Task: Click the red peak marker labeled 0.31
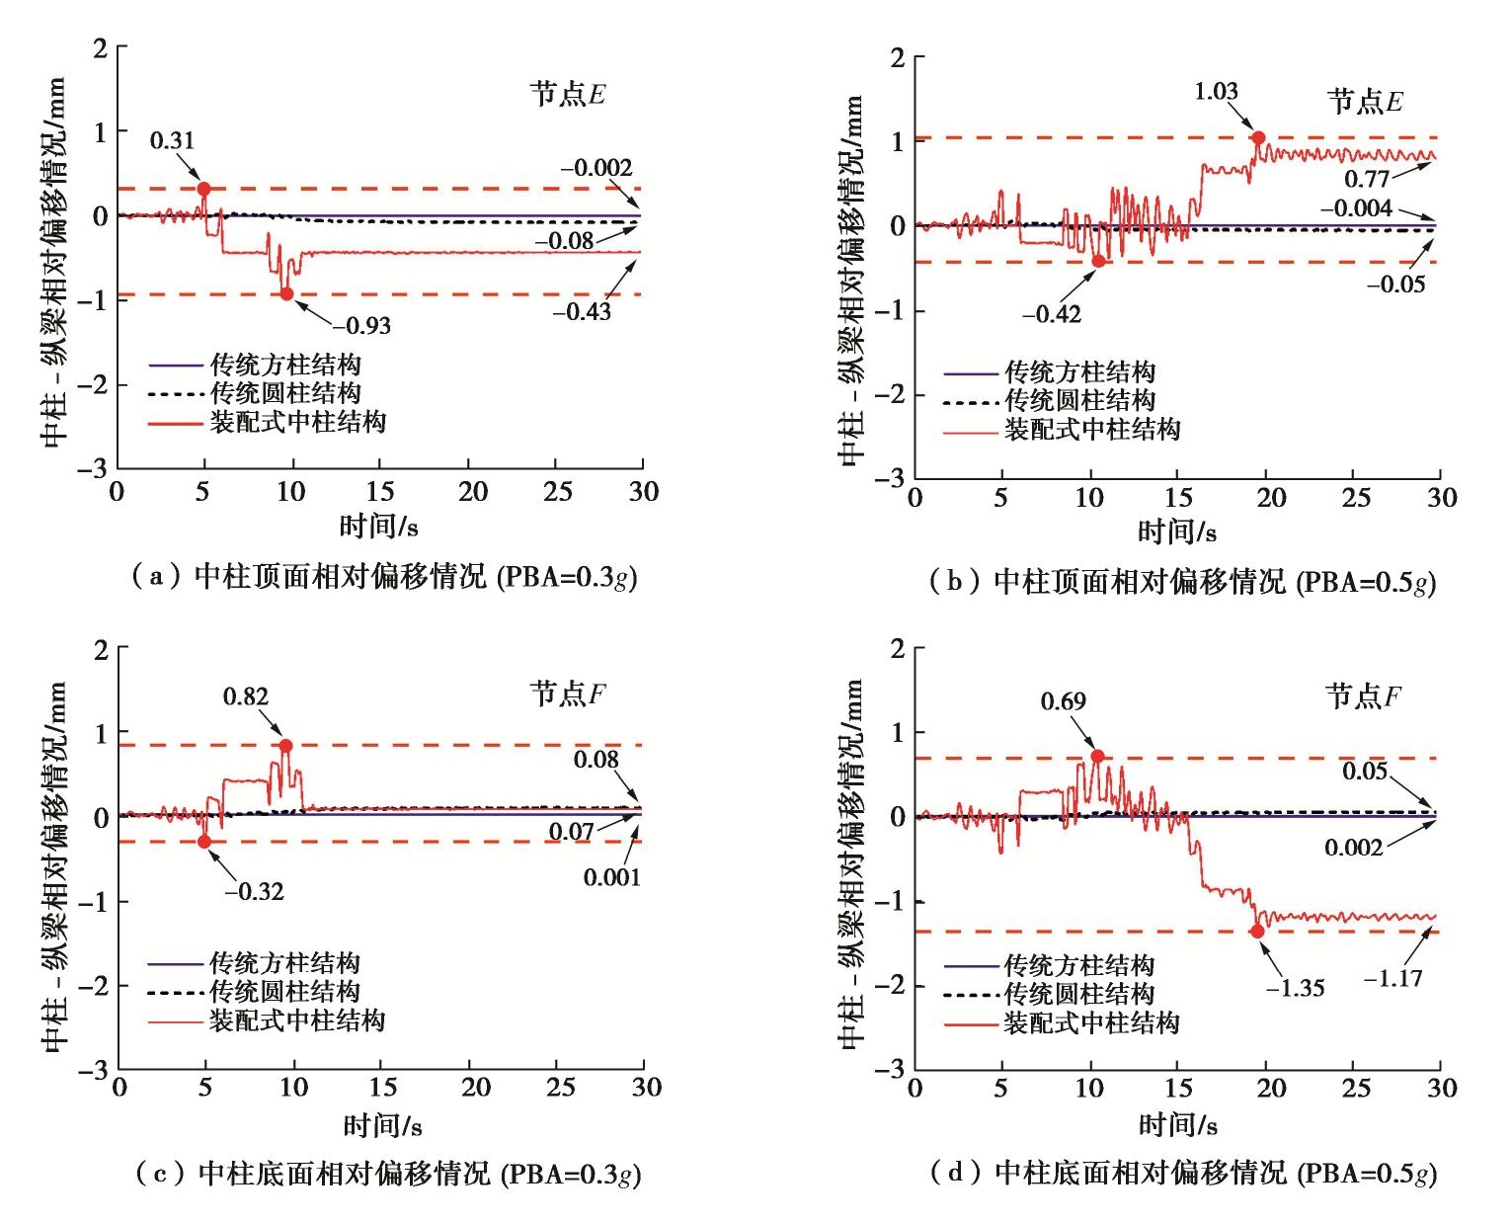pyautogui.click(x=204, y=189)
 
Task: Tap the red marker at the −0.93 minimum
pyautogui.click(x=287, y=293)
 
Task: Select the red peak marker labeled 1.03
pyautogui.click(x=1258, y=137)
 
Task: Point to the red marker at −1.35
pyautogui.click(x=1258, y=931)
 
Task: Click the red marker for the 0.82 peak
pyautogui.click(x=286, y=746)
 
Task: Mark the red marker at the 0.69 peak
pyautogui.click(x=1097, y=757)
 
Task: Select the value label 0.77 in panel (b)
pyautogui.click(x=1366, y=179)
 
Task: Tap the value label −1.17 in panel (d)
pyautogui.click(x=1393, y=979)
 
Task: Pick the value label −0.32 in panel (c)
pyautogui.click(x=254, y=891)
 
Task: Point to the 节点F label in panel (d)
pyautogui.click(x=1364, y=696)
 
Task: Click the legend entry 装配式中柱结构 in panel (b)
pyautogui.click(x=1092, y=430)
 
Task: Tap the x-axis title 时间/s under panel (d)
pyautogui.click(x=1177, y=1124)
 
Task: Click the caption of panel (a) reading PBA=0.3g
pyautogui.click(x=386, y=577)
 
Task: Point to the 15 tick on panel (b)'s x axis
pyautogui.click(x=1179, y=497)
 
